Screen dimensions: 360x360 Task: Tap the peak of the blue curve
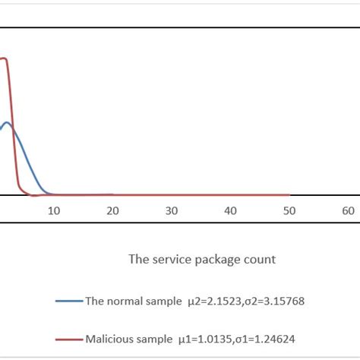7,122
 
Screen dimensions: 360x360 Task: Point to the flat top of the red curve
4,58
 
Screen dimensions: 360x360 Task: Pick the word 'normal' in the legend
127,300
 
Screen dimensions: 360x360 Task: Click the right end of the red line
289,195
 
